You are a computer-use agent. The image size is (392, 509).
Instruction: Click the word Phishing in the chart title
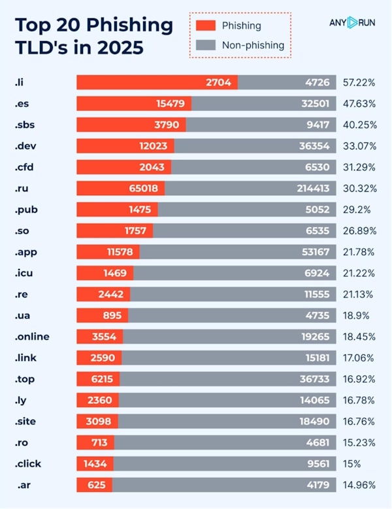136,26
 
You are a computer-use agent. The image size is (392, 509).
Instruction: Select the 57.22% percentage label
359,82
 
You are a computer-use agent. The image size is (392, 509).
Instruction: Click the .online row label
32,337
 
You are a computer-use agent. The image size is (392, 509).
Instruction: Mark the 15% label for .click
353,464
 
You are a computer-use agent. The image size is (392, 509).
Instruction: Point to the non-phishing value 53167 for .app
317,252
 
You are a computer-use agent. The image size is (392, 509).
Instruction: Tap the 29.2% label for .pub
356,209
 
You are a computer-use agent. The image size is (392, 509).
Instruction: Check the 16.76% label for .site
359,422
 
